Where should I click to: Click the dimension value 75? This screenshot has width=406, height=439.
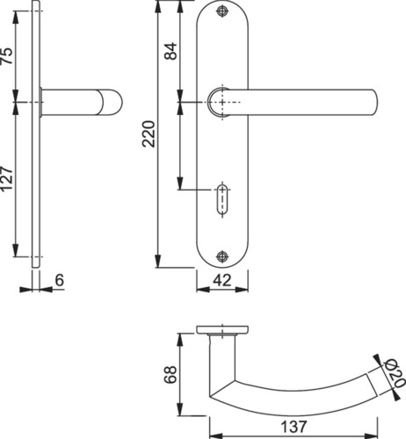(x=7, y=56)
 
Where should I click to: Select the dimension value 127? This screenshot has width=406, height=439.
(x=7, y=179)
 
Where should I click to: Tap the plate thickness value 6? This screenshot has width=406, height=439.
(x=59, y=280)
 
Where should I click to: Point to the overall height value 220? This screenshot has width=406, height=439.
(x=149, y=133)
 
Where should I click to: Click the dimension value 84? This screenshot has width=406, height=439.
(x=170, y=51)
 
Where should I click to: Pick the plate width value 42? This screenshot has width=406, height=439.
(x=222, y=280)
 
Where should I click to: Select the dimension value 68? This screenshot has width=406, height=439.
(x=170, y=374)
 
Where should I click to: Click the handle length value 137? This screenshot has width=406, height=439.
(x=294, y=427)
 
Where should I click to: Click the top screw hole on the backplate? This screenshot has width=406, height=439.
(x=222, y=11)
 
